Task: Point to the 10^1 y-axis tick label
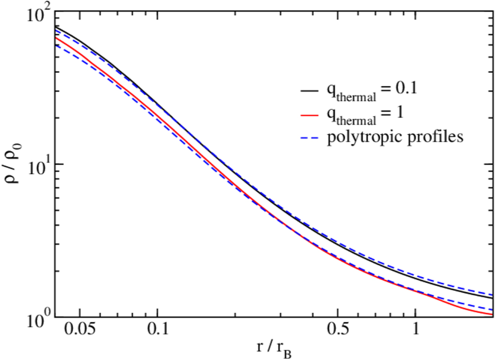pos(36,166)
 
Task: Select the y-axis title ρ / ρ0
pos(11,166)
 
